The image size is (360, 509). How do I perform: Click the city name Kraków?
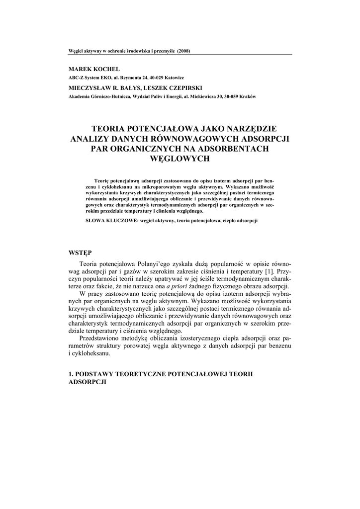(247, 96)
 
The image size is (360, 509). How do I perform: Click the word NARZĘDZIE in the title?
(251, 127)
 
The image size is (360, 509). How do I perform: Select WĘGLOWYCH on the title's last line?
(180, 159)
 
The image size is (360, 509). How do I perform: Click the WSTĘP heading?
(80, 253)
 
